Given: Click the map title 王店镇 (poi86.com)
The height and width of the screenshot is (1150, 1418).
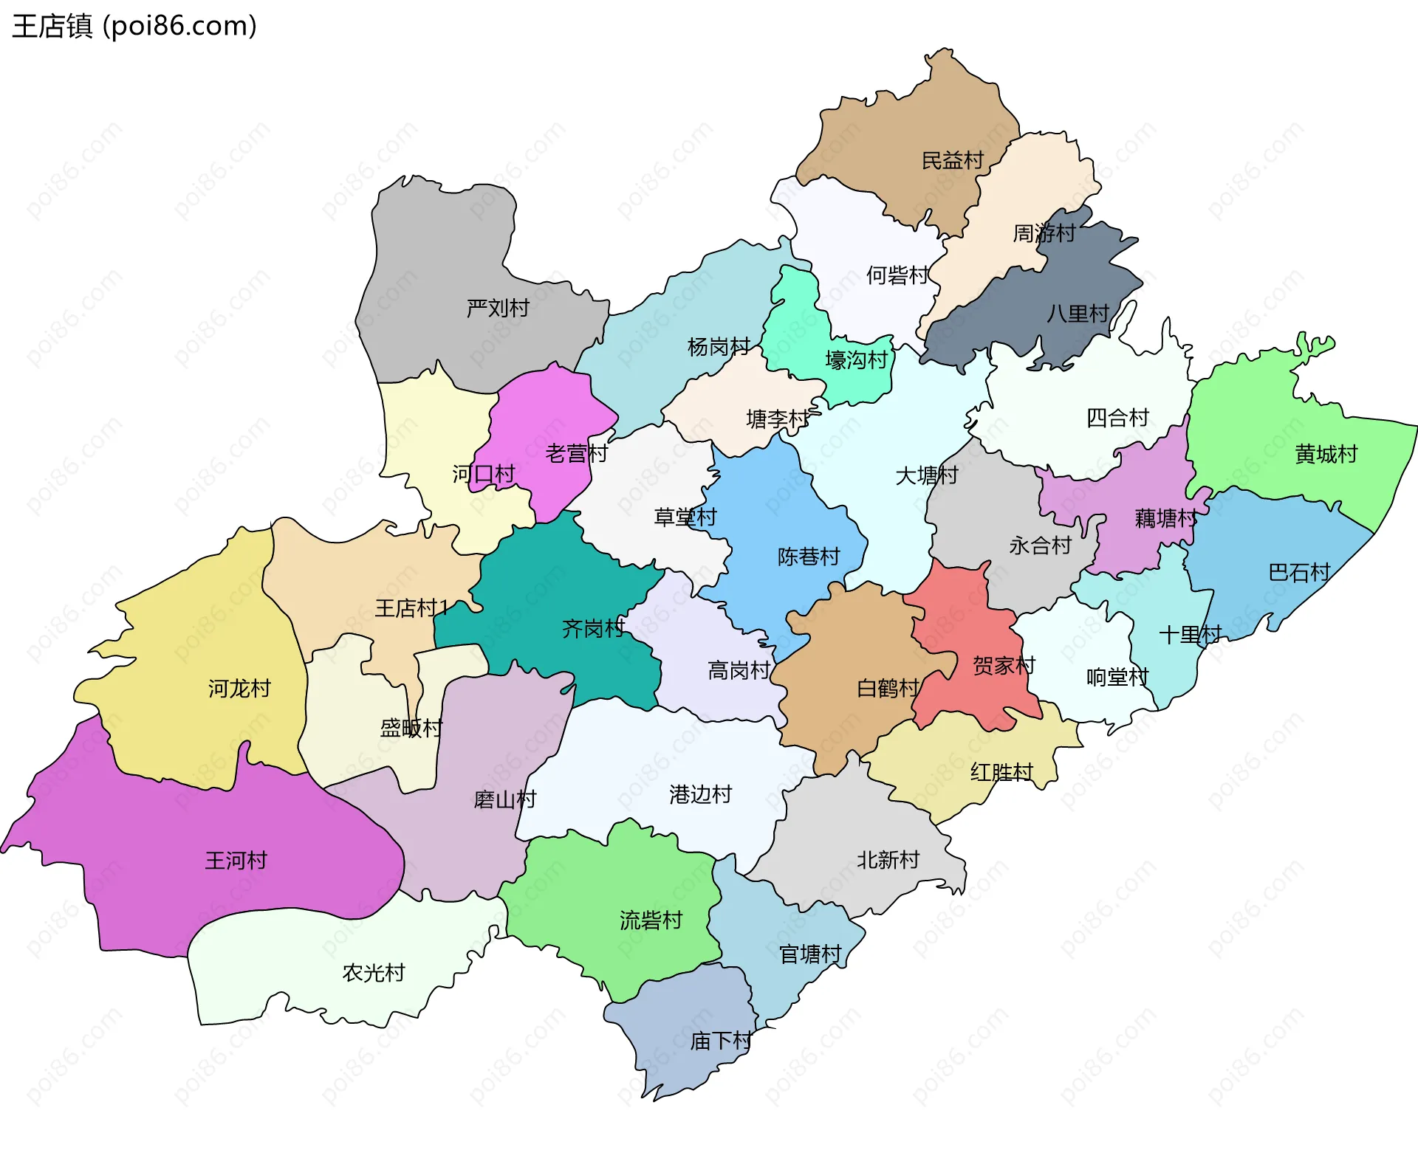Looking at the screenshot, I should coord(134,26).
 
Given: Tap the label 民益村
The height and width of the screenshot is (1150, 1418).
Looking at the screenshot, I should coord(953,161).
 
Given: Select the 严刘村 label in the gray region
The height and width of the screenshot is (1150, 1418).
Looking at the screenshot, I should coord(498,308).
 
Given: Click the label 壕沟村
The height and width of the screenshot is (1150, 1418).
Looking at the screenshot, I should coord(856,360).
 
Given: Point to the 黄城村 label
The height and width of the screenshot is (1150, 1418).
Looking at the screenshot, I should coord(1326,454).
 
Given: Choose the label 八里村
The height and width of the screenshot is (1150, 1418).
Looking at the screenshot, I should coord(1078,314).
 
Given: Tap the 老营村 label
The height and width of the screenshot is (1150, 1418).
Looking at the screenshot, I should coord(576,453).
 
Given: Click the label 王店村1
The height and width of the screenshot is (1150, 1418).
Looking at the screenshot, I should coord(411,608).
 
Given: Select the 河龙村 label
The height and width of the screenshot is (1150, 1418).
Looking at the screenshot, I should coord(239,689).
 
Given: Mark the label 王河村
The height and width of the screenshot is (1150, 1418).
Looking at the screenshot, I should coord(236,861).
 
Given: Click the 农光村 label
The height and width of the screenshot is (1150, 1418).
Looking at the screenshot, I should coord(374,973).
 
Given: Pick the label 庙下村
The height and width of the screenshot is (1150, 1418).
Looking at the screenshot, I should coord(721,1041).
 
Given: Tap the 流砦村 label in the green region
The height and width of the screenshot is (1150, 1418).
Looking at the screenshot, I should coord(651,920).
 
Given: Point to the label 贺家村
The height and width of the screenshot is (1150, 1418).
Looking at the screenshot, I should coord(1004,666).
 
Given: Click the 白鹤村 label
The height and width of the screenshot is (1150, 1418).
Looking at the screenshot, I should coord(888,689).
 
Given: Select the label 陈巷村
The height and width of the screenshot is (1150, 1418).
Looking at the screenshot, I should coord(809,557).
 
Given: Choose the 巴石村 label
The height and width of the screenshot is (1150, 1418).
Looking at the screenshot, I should coord(1299,572).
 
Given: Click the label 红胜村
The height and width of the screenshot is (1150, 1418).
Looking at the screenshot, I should coord(1001,773).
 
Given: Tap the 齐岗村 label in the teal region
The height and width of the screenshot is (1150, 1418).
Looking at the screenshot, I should coord(593,629).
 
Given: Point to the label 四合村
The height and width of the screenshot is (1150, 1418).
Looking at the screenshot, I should coord(1117,419).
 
